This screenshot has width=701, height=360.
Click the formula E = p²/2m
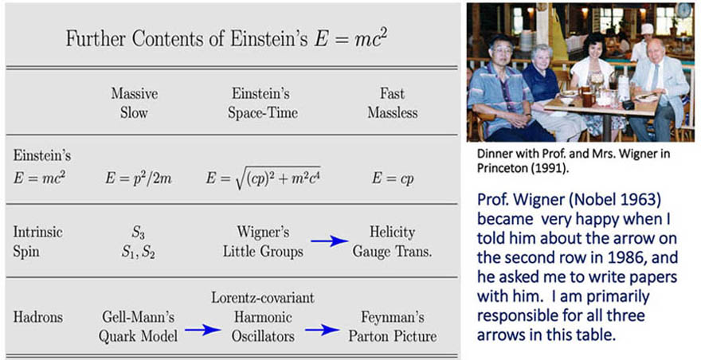[x=139, y=179]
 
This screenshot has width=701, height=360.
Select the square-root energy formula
[x=263, y=178]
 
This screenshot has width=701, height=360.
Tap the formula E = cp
[x=393, y=179]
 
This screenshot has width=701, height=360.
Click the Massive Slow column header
[x=134, y=103]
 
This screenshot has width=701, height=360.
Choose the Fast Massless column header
[x=393, y=103]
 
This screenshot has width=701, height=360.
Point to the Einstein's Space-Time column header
[x=262, y=103]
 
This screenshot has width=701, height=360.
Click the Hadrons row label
[x=38, y=318]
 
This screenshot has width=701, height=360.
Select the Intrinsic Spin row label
[x=37, y=241]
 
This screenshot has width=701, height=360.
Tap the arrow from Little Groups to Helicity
[x=330, y=241]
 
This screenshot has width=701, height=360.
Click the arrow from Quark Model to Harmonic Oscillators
[x=203, y=330]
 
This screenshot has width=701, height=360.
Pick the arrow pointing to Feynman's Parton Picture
[x=323, y=330]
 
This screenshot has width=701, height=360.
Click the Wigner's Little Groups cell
[x=263, y=241]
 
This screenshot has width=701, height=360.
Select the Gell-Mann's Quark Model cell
[x=138, y=327]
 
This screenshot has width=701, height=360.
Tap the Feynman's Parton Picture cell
[x=393, y=327]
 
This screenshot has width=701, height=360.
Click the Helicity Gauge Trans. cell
[x=393, y=241]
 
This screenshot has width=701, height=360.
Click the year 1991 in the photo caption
[x=551, y=168]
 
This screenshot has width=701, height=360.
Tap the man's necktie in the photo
[x=655, y=77]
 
